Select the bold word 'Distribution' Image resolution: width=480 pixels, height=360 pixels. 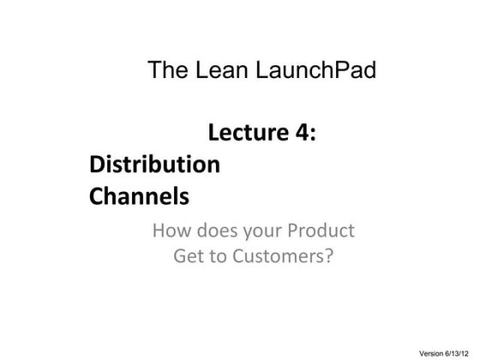[154, 165]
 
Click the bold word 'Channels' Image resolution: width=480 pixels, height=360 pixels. [139, 197]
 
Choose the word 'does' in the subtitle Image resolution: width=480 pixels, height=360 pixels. [219, 231]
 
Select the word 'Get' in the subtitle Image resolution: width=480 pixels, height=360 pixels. [190, 256]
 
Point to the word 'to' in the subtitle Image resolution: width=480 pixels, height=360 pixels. [221, 256]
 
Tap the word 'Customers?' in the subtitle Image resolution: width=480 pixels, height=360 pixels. [283, 256]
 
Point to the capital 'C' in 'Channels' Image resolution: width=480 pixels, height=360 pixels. [97, 197]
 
